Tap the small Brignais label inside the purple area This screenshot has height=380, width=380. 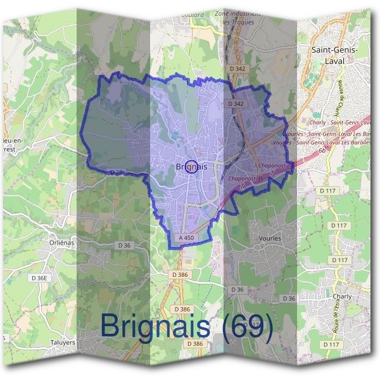(191, 167)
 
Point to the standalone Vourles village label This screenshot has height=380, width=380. (270, 237)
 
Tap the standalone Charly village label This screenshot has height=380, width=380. (341, 296)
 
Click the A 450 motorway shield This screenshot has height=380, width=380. (186, 237)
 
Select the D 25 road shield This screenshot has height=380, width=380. (116, 172)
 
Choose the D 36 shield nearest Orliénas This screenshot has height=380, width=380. (123, 245)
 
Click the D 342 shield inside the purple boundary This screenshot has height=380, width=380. (235, 103)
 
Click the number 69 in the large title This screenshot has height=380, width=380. (252, 326)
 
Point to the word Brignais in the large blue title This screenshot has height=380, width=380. (155, 326)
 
